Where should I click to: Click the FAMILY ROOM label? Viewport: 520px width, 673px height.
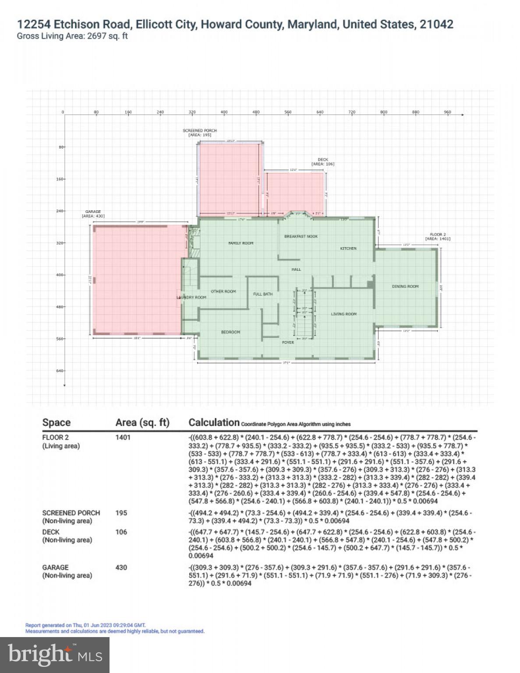pyautogui.click(x=241, y=243)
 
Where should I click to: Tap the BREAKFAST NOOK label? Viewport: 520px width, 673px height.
pyautogui.click(x=301, y=237)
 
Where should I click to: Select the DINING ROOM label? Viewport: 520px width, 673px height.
pyautogui.click(x=405, y=287)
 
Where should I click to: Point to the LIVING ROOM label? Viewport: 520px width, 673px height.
pyautogui.click(x=343, y=314)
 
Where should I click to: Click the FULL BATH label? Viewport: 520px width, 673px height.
pyautogui.click(x=263, y=294)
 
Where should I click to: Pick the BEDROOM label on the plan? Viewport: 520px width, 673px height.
pyautogui.click(x=230, y=332)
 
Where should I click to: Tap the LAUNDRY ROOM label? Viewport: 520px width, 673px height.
pyautogui.click(x=191, y=298)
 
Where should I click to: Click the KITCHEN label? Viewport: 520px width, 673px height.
pyautogui.click(x=348, y=248)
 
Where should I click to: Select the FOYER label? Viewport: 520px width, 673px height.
pyautogui.click(x=288, y=342)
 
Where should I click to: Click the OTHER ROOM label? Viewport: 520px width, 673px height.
pyautogui.click(x=223, y=291)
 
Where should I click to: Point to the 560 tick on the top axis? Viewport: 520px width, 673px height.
pyautogui.click(x=288, y=113)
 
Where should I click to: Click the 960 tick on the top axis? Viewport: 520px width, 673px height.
pyautogui.click(x=447, y=113)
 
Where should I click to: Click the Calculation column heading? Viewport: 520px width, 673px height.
pyautogui.click(x=214, y=422)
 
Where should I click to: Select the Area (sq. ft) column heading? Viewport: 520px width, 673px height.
pyautogui.click(x=142, y=423)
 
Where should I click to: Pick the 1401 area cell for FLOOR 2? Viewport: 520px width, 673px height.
pyautogui.click(x=123, y=437)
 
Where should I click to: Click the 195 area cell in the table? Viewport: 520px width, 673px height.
pyautogui.click(x=121, y=513)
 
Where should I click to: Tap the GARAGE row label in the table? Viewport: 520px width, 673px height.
pyautogui.click(x=56, y=567)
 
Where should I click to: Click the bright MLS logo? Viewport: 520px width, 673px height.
pyautogui.click(x=55, y=655)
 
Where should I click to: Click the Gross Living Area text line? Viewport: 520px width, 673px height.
pyautogui.click(x=72, y=36)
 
